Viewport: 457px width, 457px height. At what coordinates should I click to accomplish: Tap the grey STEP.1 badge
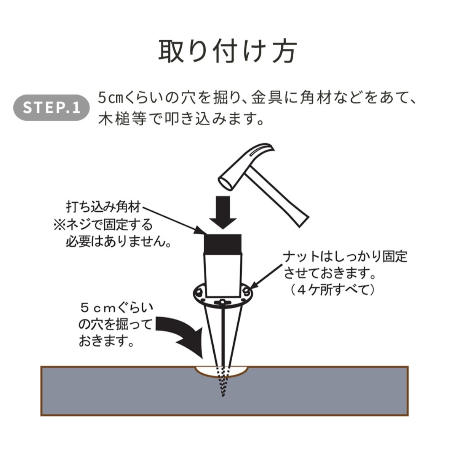52,108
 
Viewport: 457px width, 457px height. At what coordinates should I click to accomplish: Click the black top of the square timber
222,243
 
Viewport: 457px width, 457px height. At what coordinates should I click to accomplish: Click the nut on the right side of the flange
247,292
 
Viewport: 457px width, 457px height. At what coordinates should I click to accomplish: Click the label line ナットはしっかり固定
345,256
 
